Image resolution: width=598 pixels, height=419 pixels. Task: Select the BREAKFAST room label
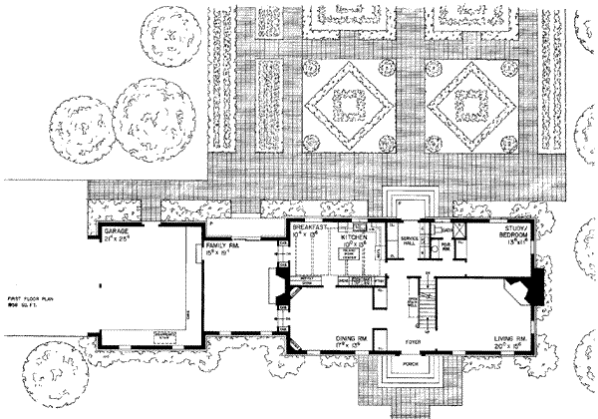tap(310, 227)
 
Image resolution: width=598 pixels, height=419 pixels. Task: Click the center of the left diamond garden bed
tap(349, 103)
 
